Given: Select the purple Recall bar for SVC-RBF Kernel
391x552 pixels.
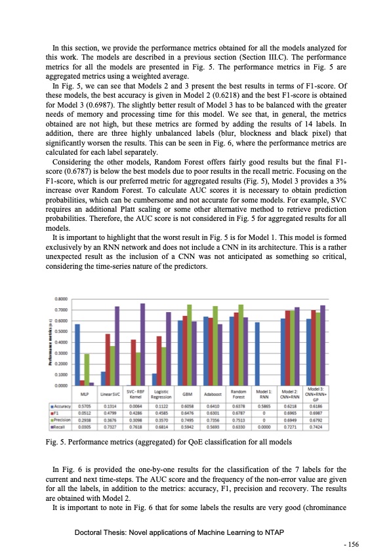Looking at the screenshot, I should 143,344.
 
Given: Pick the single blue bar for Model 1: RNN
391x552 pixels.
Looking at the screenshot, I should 257,354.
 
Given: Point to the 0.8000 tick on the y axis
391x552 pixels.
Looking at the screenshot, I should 64,299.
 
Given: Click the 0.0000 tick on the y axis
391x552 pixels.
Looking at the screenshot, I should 64,385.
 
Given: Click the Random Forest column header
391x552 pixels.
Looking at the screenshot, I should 238,395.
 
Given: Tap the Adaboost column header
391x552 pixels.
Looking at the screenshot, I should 212,395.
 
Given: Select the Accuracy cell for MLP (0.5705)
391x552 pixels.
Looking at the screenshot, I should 85,406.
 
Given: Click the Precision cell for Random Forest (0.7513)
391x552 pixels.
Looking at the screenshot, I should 238,418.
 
